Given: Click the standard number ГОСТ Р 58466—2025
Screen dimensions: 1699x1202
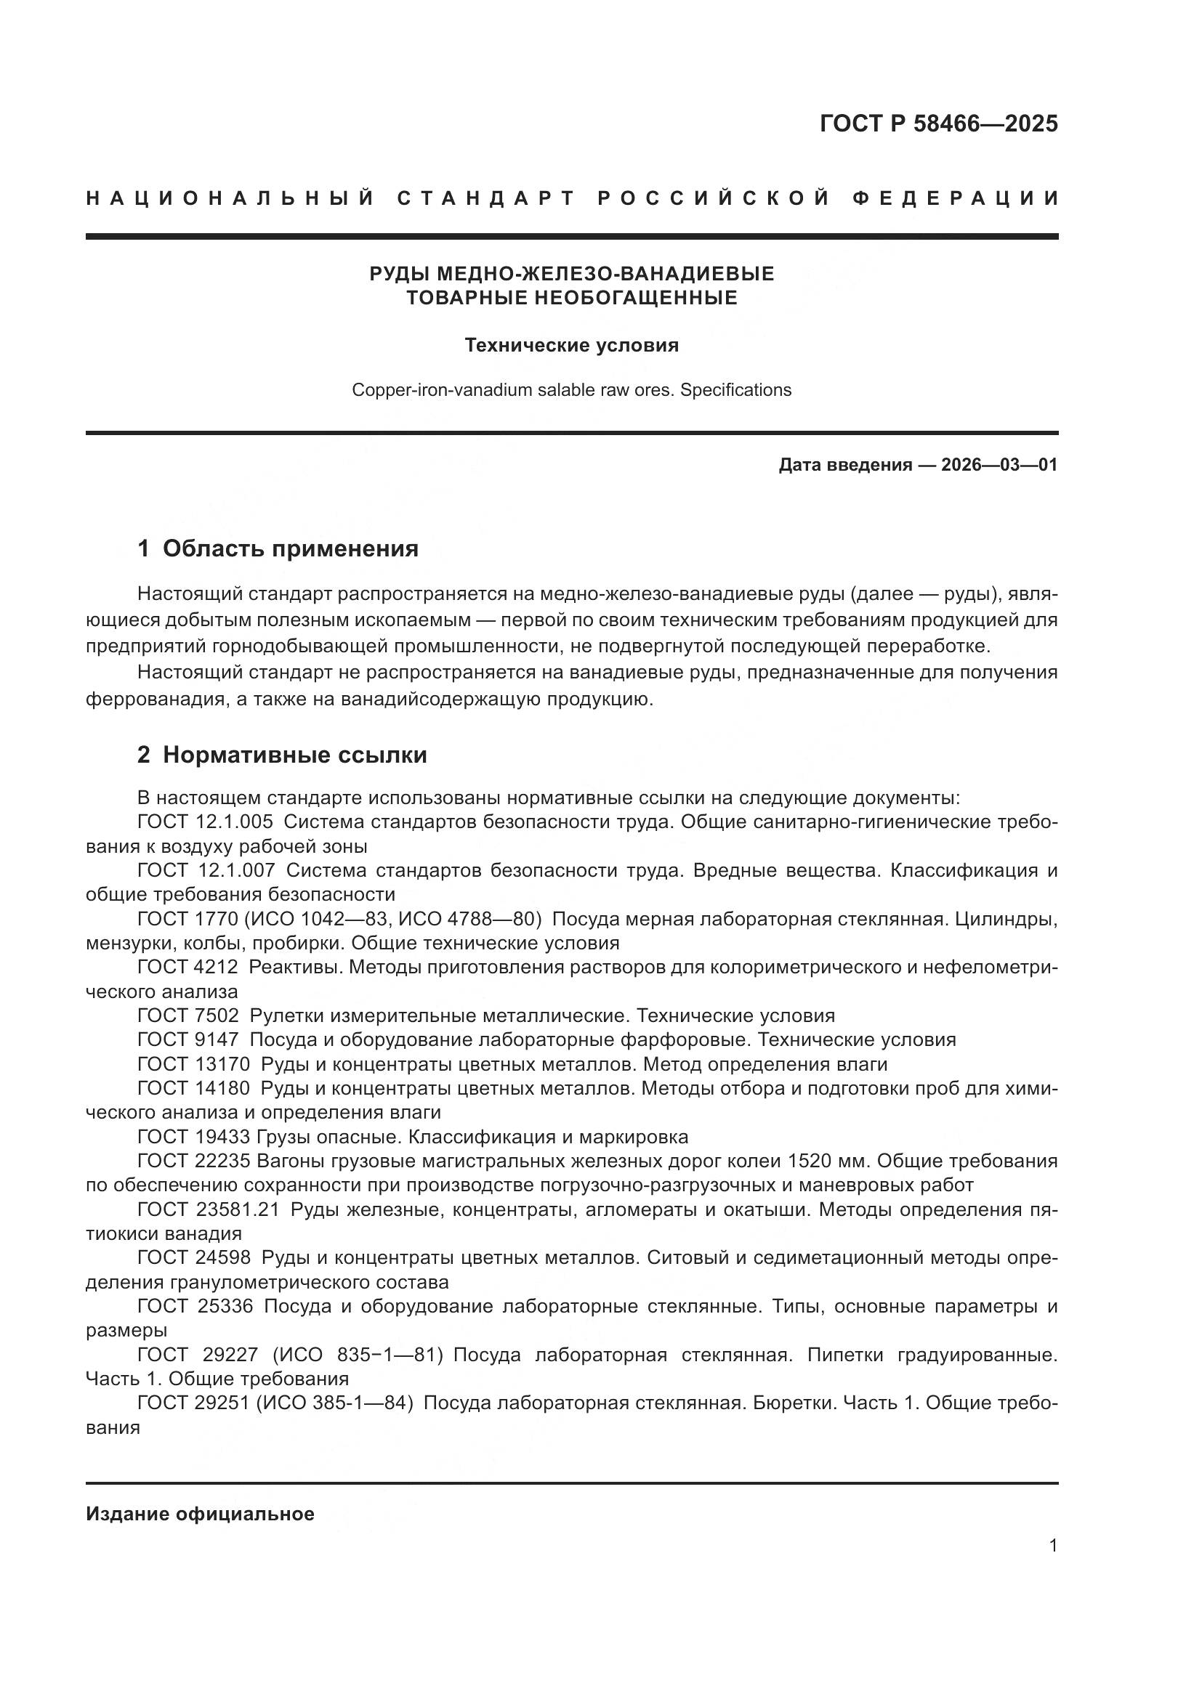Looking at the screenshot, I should [937, 123].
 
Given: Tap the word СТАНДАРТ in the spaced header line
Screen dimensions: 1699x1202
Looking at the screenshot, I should [486, 198].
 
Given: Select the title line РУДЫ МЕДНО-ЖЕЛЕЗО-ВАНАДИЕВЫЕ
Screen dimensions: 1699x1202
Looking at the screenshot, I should [571, 274].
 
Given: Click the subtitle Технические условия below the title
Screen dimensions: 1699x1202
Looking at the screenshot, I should [571, 346].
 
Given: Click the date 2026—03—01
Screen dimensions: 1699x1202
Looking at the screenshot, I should [999, 465].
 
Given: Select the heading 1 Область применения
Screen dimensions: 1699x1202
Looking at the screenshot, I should [278, 548].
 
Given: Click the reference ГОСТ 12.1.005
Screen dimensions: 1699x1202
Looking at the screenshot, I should [205, 822].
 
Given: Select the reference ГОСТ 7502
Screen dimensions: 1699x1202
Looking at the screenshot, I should [188, 1016].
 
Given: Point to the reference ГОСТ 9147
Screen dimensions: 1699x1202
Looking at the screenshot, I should [188, 1039].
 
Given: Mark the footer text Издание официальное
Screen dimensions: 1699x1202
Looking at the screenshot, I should [200, 1514].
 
